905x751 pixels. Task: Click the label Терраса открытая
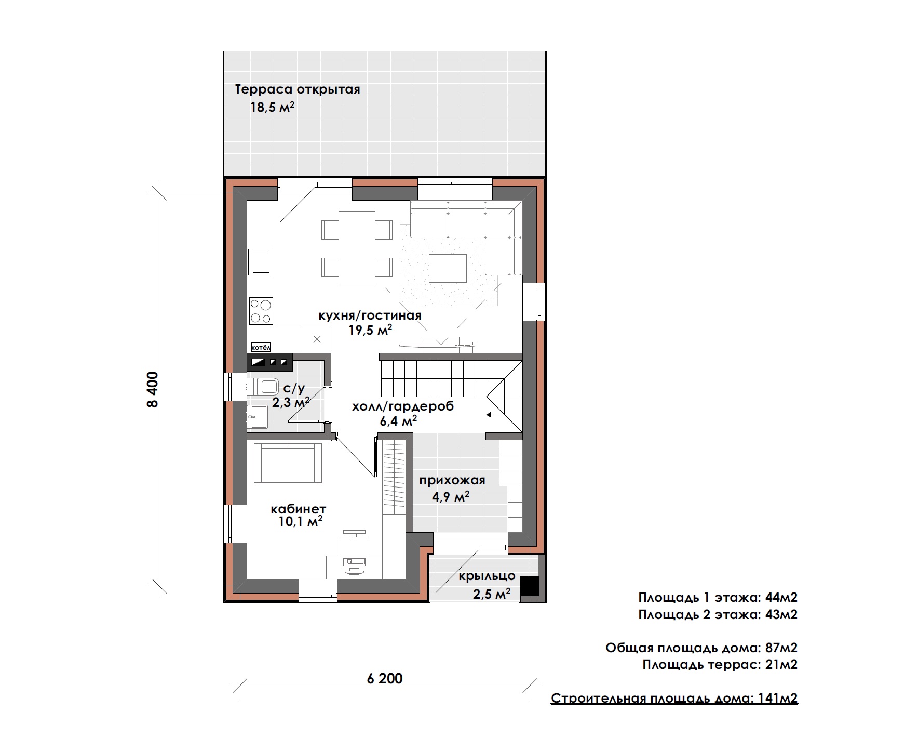pos(298,89)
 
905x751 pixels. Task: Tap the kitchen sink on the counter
pos(261,261)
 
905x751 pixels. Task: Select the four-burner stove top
pos(261,310)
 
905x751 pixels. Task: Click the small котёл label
pos(261,347)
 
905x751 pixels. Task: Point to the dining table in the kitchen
pos(357,248)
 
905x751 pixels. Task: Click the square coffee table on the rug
pos(447,268)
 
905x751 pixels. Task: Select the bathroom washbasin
pos(257,417)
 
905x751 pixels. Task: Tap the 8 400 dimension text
pos(152,389)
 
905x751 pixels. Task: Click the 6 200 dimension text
pos(384,678)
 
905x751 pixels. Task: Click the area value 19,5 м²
pos(370,330)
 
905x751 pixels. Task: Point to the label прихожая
pos(452,481)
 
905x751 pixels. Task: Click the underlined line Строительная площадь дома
pos(674,698)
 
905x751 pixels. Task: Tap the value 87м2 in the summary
pos(781,648)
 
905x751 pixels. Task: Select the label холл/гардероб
pos(403,406)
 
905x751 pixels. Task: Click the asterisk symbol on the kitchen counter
pos(316,339)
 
